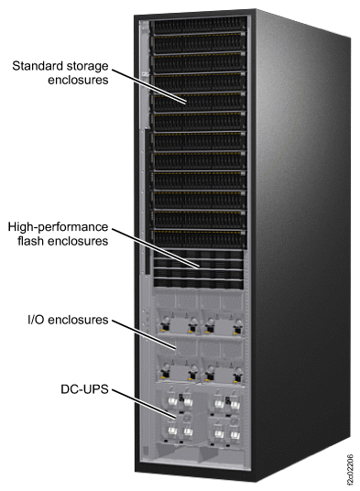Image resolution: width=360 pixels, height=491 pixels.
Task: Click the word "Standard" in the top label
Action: point(38,65)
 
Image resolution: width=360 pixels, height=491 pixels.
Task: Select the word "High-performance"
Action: point(58,226)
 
